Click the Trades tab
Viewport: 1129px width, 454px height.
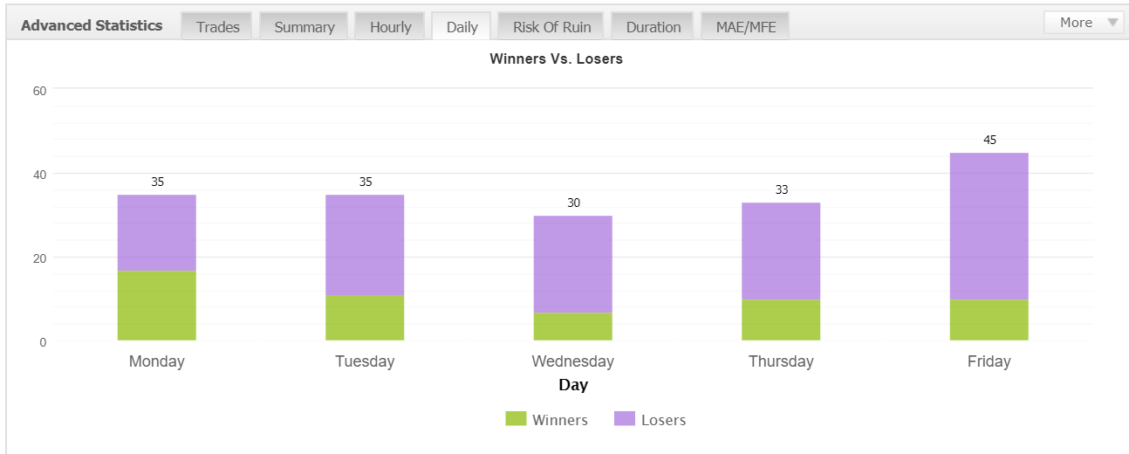(x=216, y=26)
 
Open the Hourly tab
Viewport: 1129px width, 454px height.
(x=390, y=26)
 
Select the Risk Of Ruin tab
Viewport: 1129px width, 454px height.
(x=551, y=26)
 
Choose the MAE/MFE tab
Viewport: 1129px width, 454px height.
(x=745, y=26)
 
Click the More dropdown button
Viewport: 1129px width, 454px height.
(x=1084, y=23)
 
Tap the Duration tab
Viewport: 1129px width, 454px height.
(x=653, y=26)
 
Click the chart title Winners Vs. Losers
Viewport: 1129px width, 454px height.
(x=556, y=59)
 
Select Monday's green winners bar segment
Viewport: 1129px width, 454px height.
(x=157, y=306)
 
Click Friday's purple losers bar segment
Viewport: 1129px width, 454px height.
(x=989, y=226)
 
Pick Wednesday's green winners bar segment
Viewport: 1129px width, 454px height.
(x=573, y=327)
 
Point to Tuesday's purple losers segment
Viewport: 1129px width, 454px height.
(x=365, y=245)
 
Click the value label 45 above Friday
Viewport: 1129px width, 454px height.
(x=989, y=140)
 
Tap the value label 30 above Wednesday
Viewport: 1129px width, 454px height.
(x=573, y=203)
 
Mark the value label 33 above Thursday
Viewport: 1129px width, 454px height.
(x=781, y=189)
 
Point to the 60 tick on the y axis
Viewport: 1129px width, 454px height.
(x=39, y=91)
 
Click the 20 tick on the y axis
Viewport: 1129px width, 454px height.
(x=39, y=258)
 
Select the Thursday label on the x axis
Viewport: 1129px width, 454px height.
(x=781, y=361)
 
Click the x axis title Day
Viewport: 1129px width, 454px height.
(x=573, y=385)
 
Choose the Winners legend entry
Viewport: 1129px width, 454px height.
(x=546, y=419)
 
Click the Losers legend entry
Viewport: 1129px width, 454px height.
(x=650, y=419)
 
